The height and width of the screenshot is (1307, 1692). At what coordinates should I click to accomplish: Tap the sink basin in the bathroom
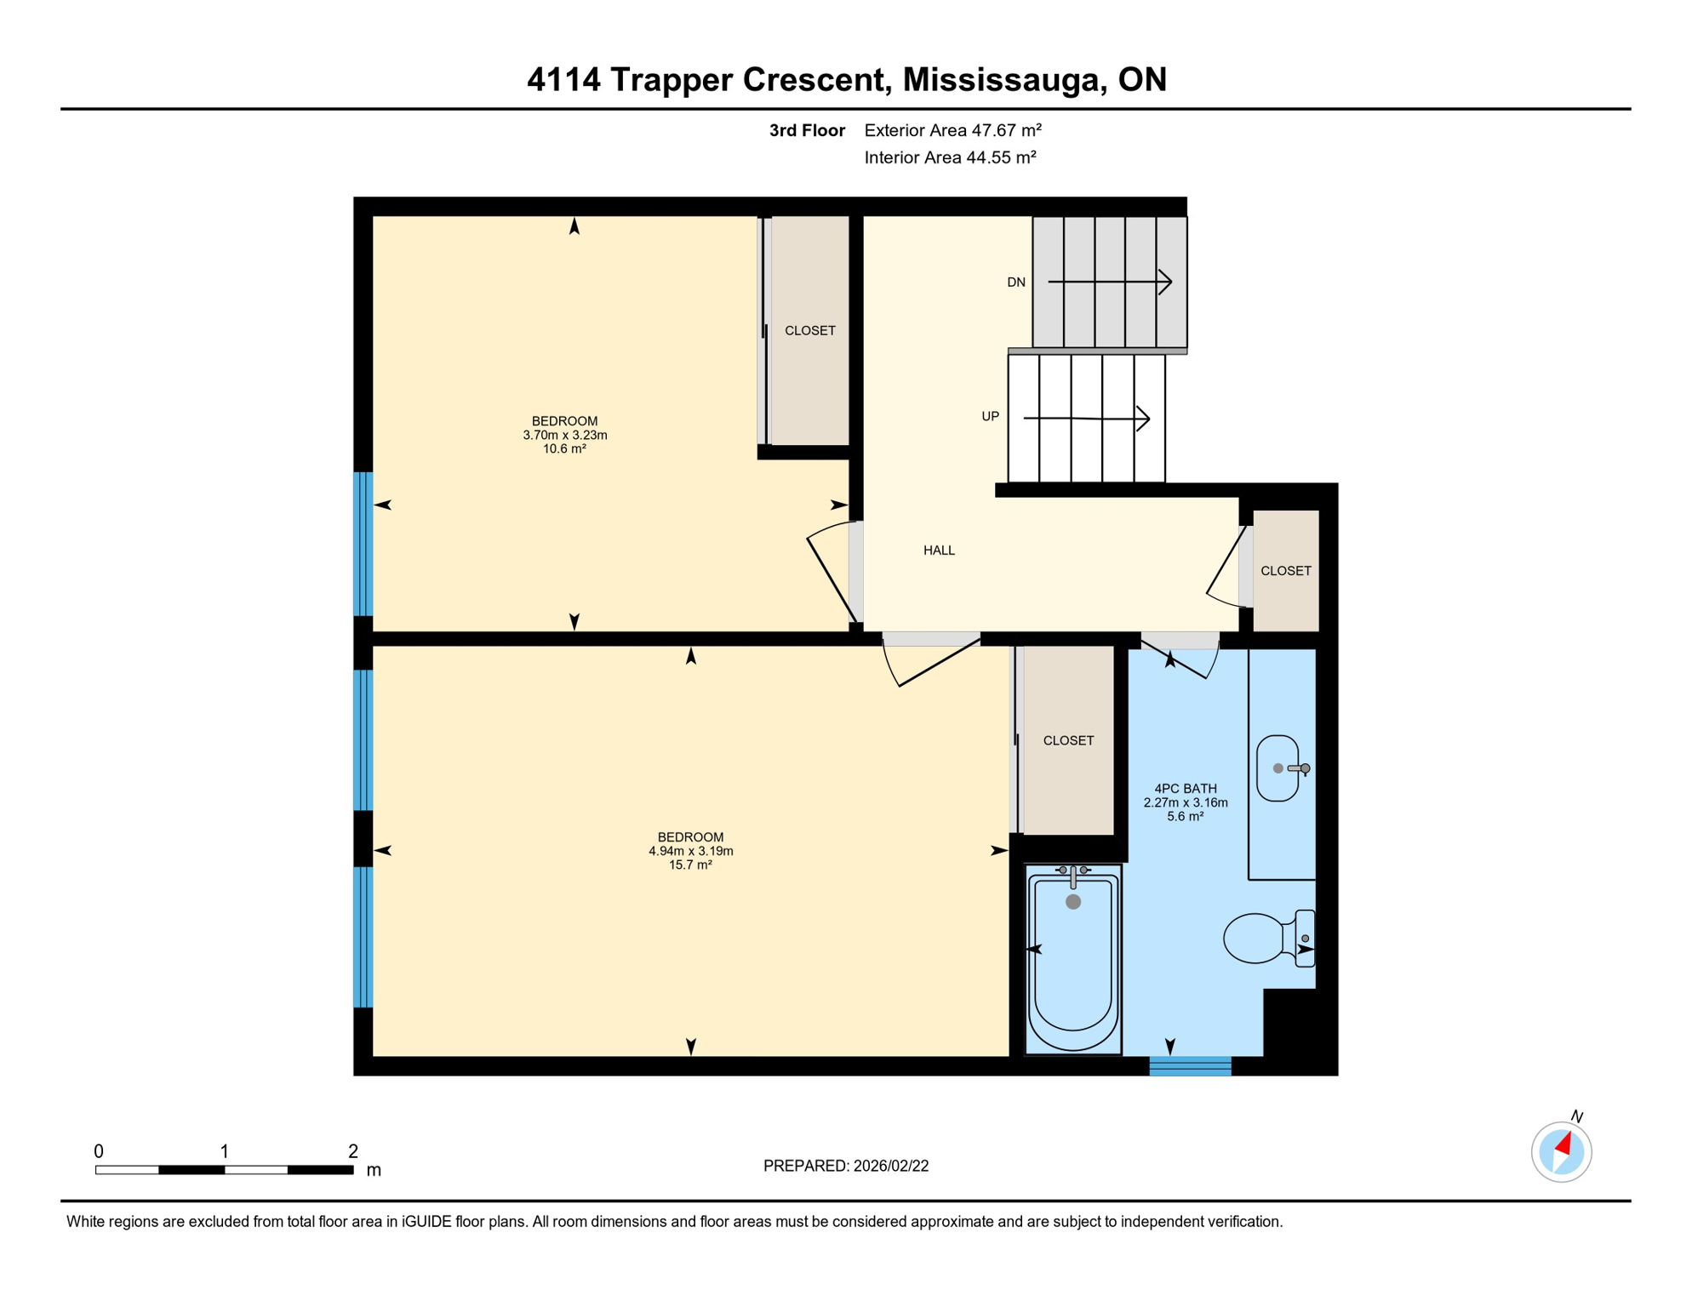click(1277, 768)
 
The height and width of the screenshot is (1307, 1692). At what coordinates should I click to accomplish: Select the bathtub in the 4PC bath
click(1073, 960)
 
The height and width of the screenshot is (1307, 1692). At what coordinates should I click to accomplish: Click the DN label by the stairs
click(1016, 283)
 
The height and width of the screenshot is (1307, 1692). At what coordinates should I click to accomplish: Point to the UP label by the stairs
click(990, 416)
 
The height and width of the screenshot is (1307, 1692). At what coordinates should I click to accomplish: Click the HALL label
click(939, 551)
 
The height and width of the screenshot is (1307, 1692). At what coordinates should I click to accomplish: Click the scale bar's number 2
click(352, 1151)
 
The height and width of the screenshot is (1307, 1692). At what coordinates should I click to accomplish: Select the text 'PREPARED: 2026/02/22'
click(845, 1166)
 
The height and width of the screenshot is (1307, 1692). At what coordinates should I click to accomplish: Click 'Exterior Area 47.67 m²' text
click(952, 130)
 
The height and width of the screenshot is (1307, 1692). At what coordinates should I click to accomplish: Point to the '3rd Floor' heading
click(806, 130)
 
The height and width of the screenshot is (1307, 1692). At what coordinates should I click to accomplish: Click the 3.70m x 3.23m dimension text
click(564, 435)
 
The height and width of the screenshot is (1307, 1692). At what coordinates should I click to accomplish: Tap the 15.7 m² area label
click(689, 865)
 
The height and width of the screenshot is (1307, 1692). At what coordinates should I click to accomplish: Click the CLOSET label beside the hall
click(1285, 571)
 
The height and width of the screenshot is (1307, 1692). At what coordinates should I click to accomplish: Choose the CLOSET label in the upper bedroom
click(809, 330)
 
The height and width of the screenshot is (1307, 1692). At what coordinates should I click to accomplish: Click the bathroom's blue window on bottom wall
click(1190, 1065)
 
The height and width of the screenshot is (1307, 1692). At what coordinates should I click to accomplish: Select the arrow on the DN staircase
click(1110, 282)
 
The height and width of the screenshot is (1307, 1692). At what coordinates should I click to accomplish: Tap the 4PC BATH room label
click(1185, 789)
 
